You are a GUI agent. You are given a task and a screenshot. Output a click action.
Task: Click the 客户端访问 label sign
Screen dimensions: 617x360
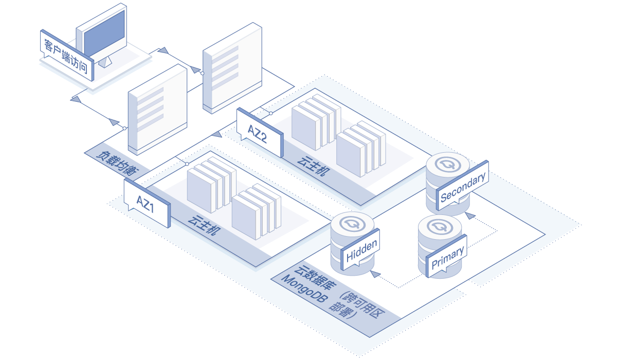67,56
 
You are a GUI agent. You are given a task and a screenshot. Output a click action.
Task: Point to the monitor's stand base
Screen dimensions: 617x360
105,62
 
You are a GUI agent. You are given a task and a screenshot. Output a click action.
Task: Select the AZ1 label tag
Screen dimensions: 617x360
147,204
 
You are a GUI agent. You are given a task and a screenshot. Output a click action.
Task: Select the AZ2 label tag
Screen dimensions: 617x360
260,133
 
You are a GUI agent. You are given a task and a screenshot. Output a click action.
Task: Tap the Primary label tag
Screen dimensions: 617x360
446,257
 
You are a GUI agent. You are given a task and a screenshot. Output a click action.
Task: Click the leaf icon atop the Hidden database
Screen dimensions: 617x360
353,224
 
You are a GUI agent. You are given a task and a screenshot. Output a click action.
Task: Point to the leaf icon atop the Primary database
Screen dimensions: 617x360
440,227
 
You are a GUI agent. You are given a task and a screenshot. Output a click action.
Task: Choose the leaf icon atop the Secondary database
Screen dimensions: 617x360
448,164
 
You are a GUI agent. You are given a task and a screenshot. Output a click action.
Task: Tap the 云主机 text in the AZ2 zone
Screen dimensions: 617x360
314,166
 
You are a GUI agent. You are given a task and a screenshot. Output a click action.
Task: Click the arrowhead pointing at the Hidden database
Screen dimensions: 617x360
375,274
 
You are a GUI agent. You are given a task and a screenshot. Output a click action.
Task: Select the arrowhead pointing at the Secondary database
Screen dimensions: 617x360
470,215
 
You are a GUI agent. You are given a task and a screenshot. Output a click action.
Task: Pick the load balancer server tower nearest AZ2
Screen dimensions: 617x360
232,68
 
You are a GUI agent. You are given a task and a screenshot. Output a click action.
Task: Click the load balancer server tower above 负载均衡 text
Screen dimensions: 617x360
157,110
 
